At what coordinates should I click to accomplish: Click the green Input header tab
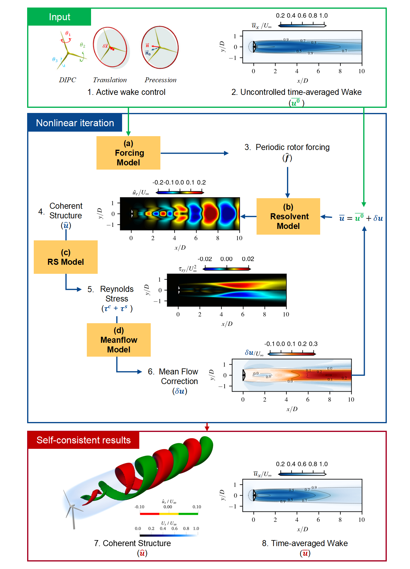[59, 17]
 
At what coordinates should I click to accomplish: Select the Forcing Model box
[128, 153]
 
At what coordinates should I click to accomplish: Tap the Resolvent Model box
[288, 216]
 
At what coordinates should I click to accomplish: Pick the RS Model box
[66, 257]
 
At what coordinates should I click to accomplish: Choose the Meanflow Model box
[119, 340]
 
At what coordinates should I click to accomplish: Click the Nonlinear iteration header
[75, 123]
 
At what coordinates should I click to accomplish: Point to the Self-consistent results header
[84, 440]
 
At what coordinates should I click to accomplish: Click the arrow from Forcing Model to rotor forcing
[194, 153]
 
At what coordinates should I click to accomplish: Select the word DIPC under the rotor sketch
[68, 80]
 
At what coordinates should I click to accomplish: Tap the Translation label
[110, 80]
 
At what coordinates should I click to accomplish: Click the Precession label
[160, 80]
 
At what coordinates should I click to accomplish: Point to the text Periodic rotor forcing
[292, 147]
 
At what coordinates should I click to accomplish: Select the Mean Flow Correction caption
[179, 377]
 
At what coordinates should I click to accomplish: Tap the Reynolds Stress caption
[117, 294]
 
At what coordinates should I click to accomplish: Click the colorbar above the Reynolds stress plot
[227, 269]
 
